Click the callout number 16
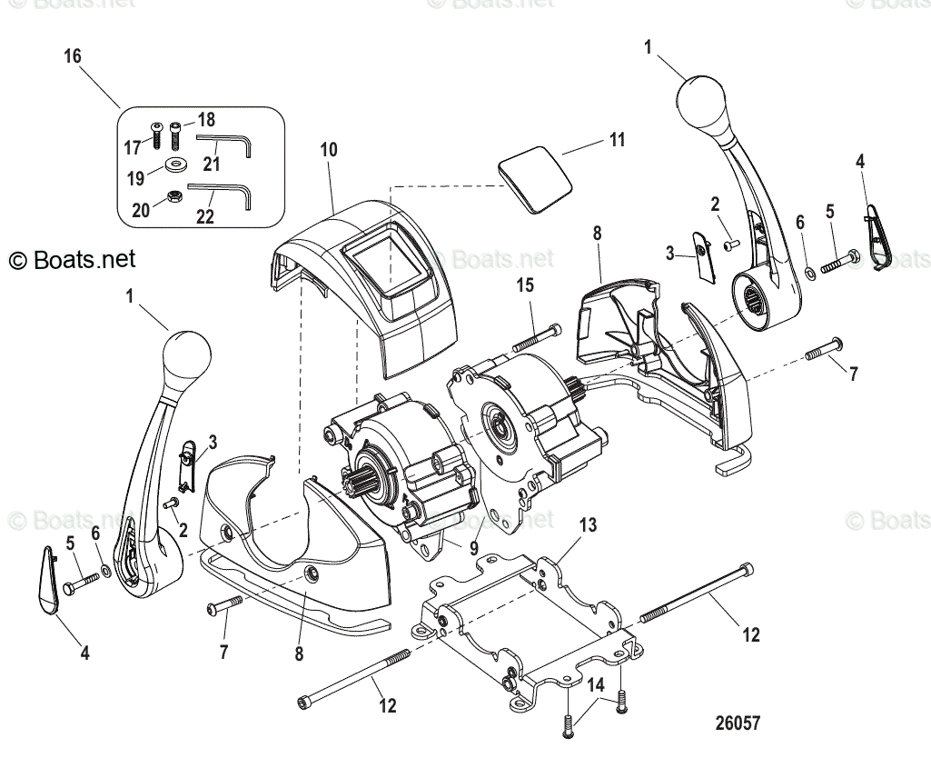[73, 56]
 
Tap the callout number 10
[328, 149]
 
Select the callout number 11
[617, 140]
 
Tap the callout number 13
[589, 524]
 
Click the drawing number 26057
[737, 723]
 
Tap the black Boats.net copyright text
[72, 260]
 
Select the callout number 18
[206, 120]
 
